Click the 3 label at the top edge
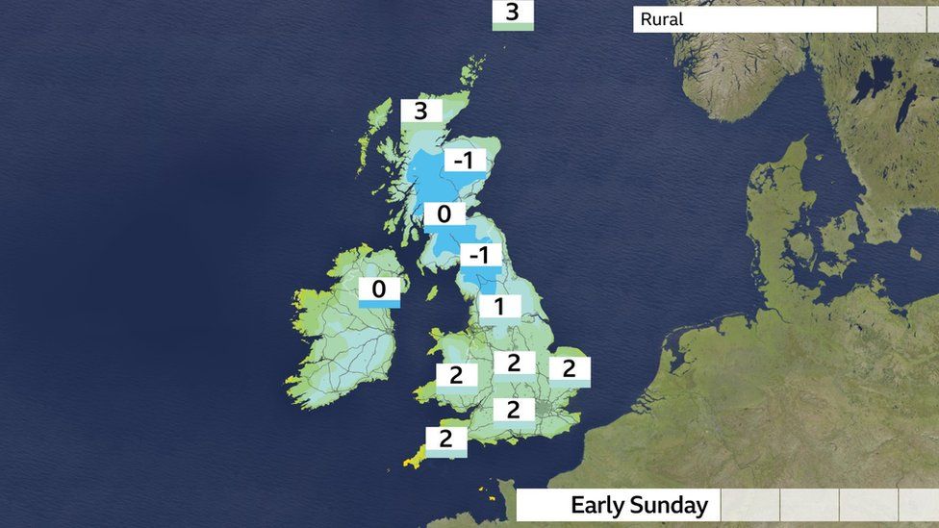(x=512, y=13)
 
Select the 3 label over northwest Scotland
(x=420, y=112)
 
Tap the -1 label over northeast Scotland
(x=464, y=162)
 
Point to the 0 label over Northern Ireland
(x=379, y=289)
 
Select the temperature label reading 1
(x=499, y=307)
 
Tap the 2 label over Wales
(x=456, y=375)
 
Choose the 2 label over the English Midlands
(x=514, y=364)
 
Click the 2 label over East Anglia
(x=569, y=368)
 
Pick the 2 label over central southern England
(x=514, y=410)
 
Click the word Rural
(x=662, y=19)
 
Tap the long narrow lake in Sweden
(x=906, y=108)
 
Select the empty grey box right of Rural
(x=901, y=19)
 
